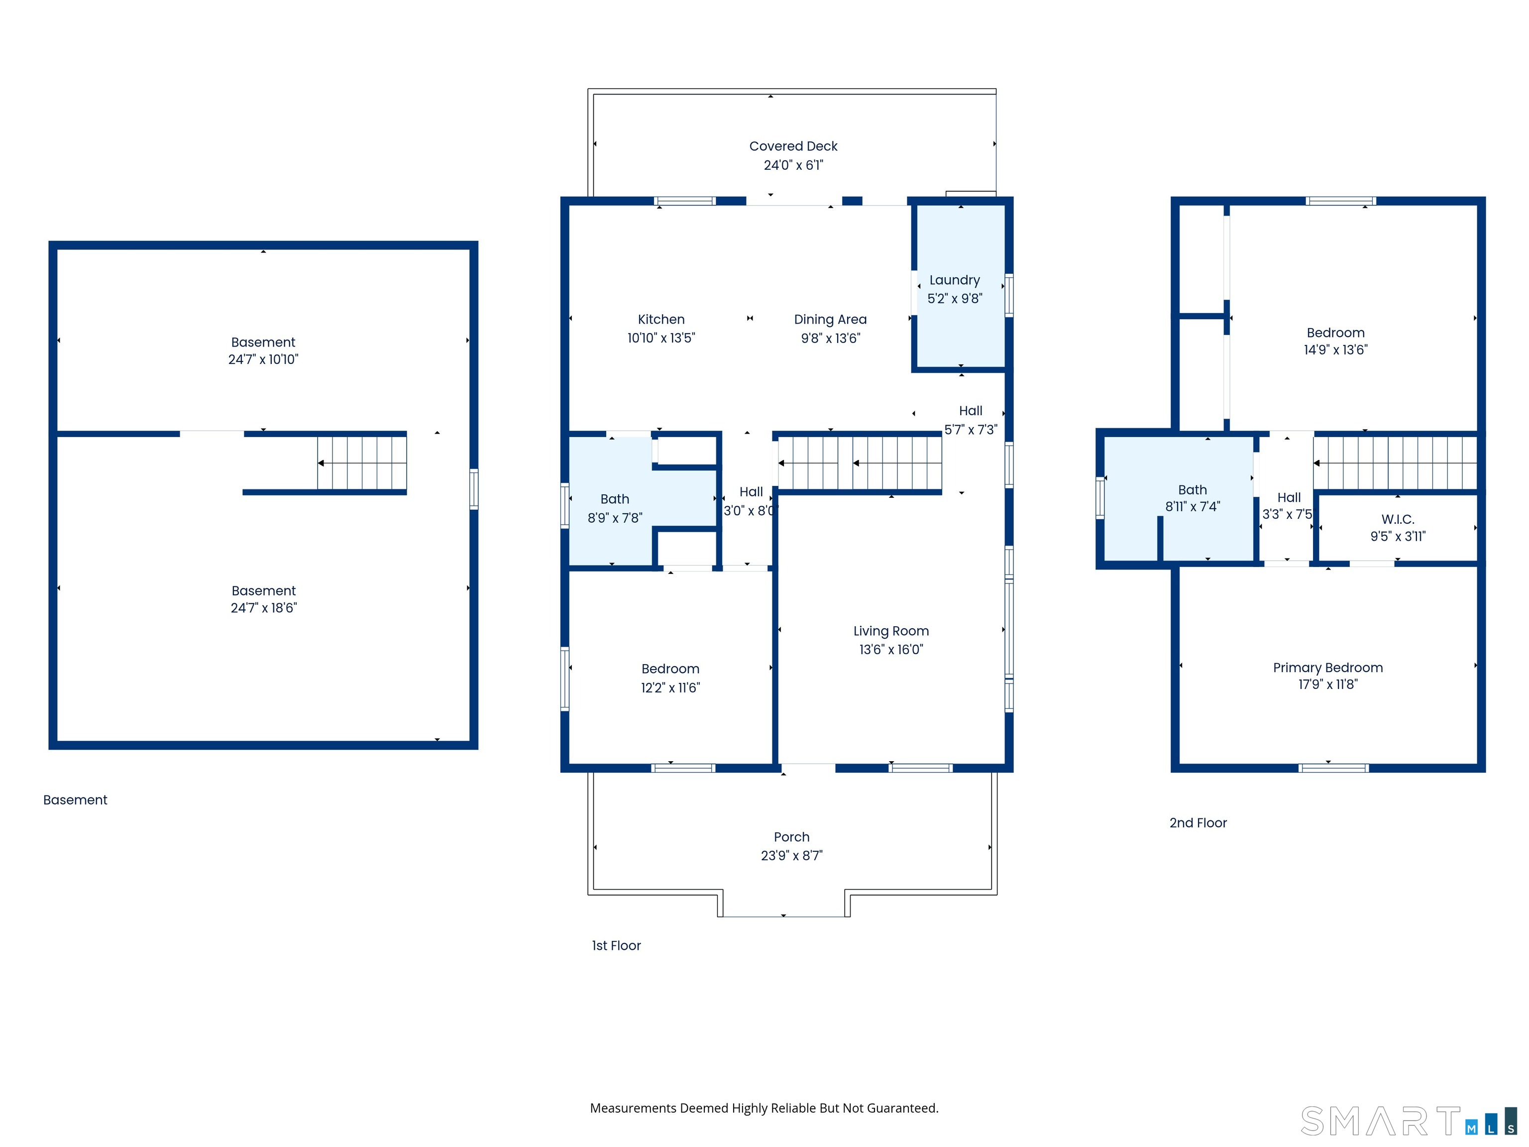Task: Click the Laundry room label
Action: (955, 280)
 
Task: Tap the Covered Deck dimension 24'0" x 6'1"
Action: (793, 165)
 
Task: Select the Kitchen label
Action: (661, 320)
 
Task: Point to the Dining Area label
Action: (830, 320)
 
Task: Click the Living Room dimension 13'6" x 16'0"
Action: (891, 649)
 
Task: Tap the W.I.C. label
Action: (1398, 519)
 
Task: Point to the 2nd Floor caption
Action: (1198, 823)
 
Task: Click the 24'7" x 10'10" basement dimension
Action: (263, 359)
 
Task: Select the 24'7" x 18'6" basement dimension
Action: (263, 608)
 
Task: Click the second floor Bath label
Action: (1193, 489)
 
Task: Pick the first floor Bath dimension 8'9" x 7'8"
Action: (615, 518)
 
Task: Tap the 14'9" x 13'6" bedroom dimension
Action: (1335, 350)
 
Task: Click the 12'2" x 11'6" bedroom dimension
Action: (670, 688)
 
